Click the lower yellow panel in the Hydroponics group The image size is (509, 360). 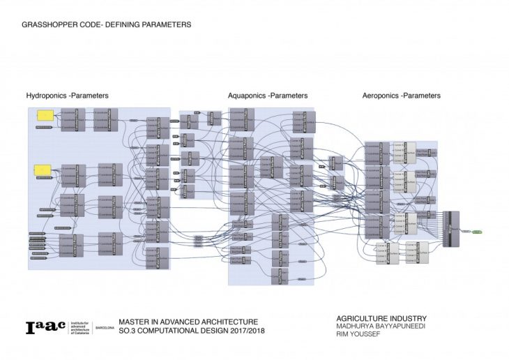pyautogui.click(x=43, y=170)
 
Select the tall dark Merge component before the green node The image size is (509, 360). pyautogui.click(x=455, y=229)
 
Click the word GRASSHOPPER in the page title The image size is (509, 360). pyautogui.click(x=46, y=24)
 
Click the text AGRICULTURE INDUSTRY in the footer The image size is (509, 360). pyautogui.click(x=381, y=319)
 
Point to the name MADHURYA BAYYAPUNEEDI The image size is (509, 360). pyautogui.click(x=381, y=327)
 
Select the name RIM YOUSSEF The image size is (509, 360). pyautogui.click(x=357, y=335)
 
